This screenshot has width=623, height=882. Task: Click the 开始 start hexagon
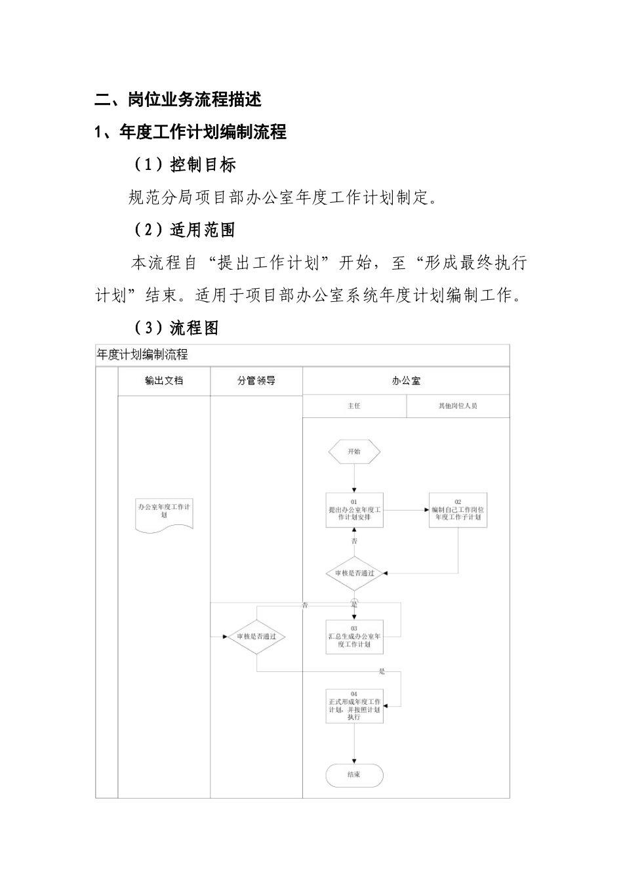(354, 451)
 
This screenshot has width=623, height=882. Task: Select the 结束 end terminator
(354, 775)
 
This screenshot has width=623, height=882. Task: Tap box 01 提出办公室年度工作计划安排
(354, 510)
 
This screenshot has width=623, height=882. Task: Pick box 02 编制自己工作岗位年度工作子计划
(458, 510)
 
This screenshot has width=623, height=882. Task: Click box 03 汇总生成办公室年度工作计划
(354, 637)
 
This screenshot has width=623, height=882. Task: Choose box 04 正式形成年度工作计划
(354, 706)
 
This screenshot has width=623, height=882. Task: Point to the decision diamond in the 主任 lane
(354, 573)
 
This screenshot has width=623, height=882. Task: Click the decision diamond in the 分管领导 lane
(256, 637)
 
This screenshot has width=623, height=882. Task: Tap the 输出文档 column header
(164, 381)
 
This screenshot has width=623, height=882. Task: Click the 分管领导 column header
(256, 381)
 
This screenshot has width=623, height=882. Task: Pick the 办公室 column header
(406, 381)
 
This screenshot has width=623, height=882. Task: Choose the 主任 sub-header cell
(354, 406)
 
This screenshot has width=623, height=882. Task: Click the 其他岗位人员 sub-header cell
(458, 406)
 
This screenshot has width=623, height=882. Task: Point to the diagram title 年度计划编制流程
(142, 355)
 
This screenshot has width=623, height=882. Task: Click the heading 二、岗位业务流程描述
(178, 100)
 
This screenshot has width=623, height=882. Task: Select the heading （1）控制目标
(185, 165)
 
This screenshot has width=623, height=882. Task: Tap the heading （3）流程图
(176, 328)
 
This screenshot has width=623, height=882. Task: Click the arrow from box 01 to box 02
(406, 510)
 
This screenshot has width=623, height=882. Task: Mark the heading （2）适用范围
(185, 230)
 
